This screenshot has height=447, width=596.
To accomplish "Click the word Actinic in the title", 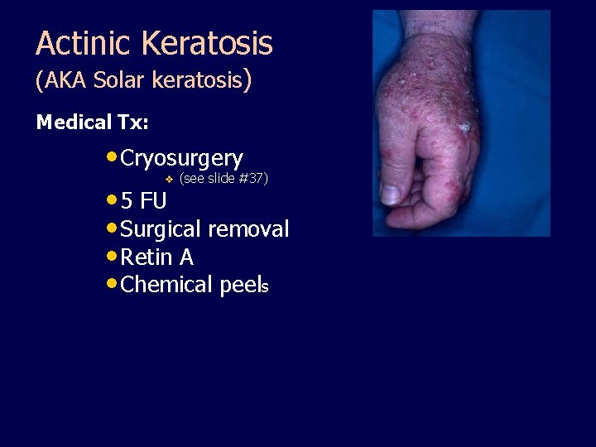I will click(77, 43).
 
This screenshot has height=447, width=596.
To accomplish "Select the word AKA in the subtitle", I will click(64, 81).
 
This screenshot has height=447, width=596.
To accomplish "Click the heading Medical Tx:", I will click(93, 123).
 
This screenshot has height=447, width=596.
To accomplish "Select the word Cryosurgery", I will click(181, 158).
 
